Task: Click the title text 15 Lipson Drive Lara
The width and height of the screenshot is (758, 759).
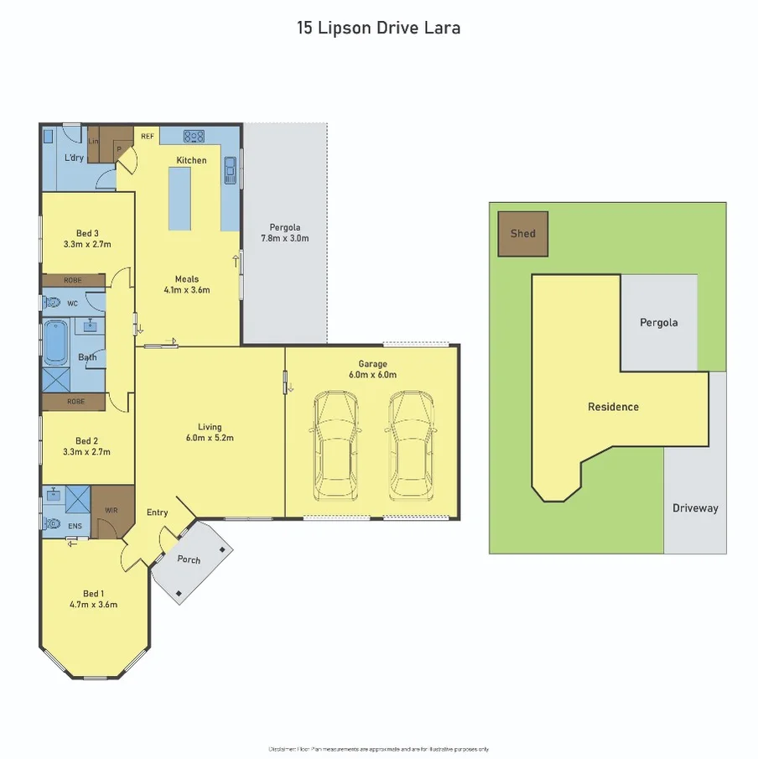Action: pyautogui.click(x=378, y=27)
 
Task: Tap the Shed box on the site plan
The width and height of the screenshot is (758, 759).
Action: pyautogui.click(x=522, y=233)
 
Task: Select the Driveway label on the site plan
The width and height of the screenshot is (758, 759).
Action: pyautogui.click(x=695, y=507)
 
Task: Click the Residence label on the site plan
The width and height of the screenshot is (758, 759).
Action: pyautogui.click(x=613, y=407)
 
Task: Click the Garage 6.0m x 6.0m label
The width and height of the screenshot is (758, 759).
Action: pyautogui.click(x=372, y=369)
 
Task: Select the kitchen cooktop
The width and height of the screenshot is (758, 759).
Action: pyautogui.click(x=195, y=135)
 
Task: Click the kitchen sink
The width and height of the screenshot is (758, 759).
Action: pyautogui.click(x=230, y=170)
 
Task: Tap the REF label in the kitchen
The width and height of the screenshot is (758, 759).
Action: pyautogui.click(x=147, y=135)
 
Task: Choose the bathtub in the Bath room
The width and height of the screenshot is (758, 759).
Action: pyautogui.click(x=55, y=341)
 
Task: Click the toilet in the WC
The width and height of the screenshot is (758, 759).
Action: pyautogui.click(x=52, y=302)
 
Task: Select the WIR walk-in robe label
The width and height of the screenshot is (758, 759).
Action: pyautogui.click(x=112, y=509)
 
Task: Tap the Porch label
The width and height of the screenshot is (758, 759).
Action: pyautogui.click(x=189, y=559)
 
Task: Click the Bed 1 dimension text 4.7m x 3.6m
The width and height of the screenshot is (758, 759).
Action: pyautogui.click(x=93, y=604)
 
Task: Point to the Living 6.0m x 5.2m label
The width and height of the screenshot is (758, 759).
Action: pyautogui.click(x=210, y=431)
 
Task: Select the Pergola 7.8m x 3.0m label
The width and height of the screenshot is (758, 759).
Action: pyautogui.click(x=285, y=232)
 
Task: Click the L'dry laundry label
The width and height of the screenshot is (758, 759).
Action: pyautogui.click(x=74, y=159)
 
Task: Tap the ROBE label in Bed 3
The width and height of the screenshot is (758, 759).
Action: pyautogui.click(x=73, y=280)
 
